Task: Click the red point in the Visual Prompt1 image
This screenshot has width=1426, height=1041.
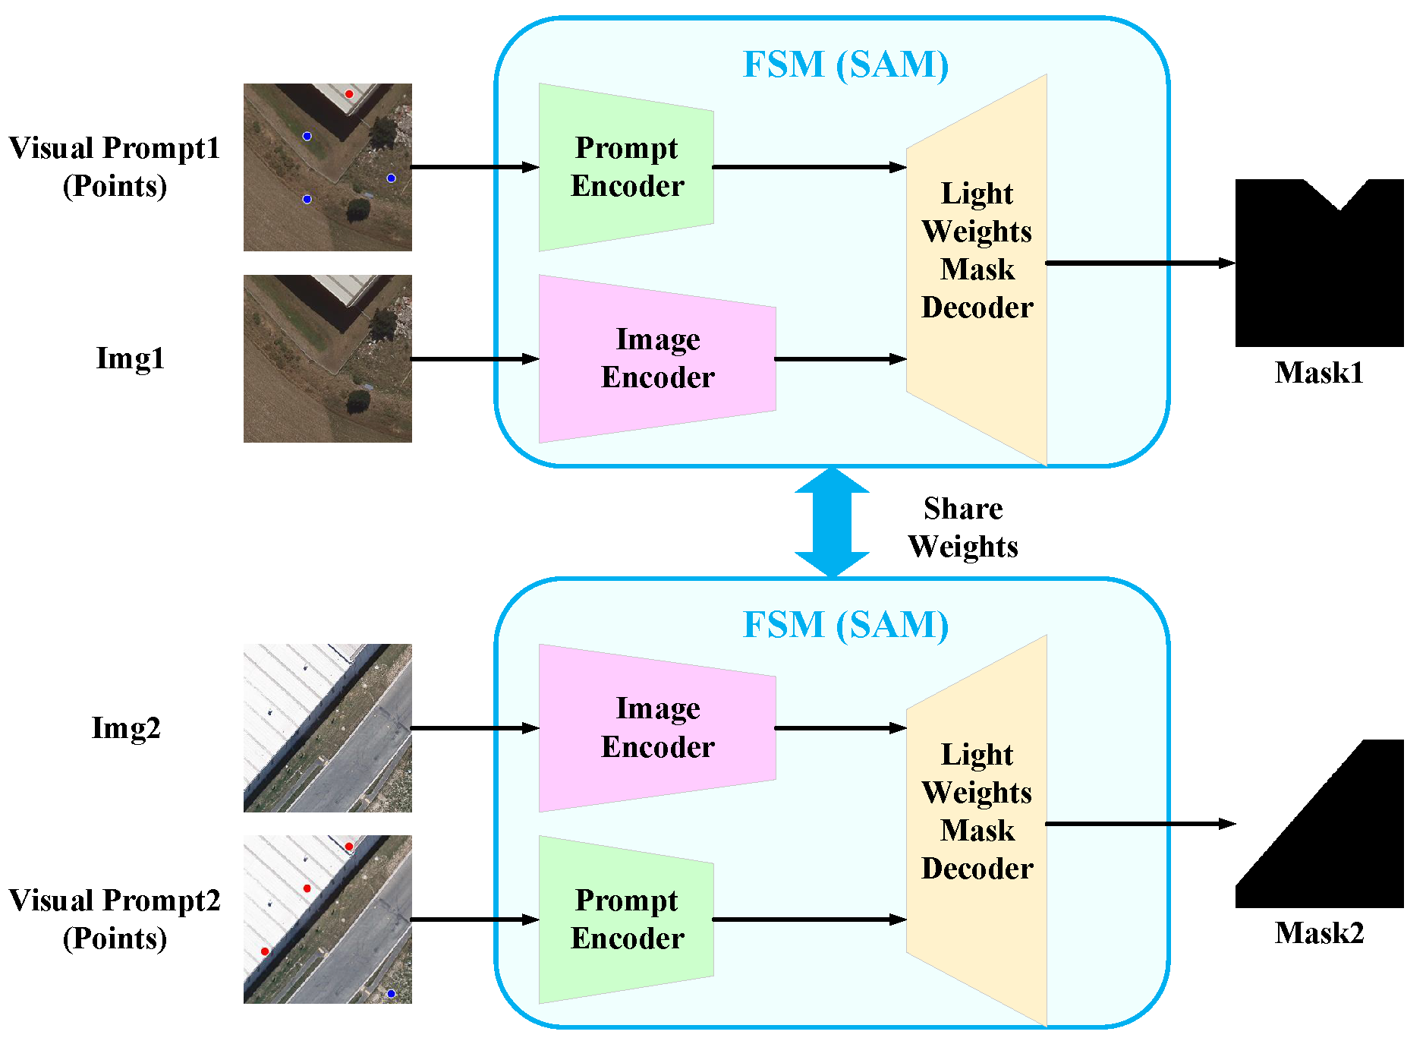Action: pyautogui.click(x=349, y=94)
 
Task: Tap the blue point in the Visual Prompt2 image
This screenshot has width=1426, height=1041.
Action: pyautogui.click(x=391, y=993)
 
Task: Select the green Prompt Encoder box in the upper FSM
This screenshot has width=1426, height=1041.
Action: pyautogui.click(x=626, y=167)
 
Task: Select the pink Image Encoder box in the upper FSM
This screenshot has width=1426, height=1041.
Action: pyautogui.click(x=656, y=358)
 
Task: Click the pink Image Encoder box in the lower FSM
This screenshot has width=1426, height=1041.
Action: pyautogui.click(x=656, y=727)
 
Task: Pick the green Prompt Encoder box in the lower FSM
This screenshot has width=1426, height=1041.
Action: pyautogui.click(x=626, y=920)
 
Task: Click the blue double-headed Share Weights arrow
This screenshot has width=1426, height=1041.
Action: pyautogui.click(x=832, y=522)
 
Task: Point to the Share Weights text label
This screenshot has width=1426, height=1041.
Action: pyautogui.click(x=963, y=527)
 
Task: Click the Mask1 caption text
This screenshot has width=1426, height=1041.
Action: pyautogui.click(x=1319, y=373)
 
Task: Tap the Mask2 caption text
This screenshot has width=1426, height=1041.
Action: pyautogui.click(x=1319, y=933)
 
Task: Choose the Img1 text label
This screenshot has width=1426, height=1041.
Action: pyautogui.click(x=130, y=358)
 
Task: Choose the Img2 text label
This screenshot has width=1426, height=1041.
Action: pyautogui.click(x=126, y=727)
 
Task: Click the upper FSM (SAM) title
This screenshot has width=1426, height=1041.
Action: pyautogui.click(x=845, y=65)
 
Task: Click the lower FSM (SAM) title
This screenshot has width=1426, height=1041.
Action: pyautogui.click(x=845, y=625)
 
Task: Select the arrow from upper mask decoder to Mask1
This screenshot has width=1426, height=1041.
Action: pyautogui.click(x=1138, y=263)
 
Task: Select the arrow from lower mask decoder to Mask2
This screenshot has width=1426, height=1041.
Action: pyautogui.click(x=1138, y=824)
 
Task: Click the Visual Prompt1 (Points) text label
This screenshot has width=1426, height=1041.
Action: pyautogui.click(x=115, y=167)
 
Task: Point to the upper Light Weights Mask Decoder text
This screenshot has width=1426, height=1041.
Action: pyautogui.click(x=977, y=251)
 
